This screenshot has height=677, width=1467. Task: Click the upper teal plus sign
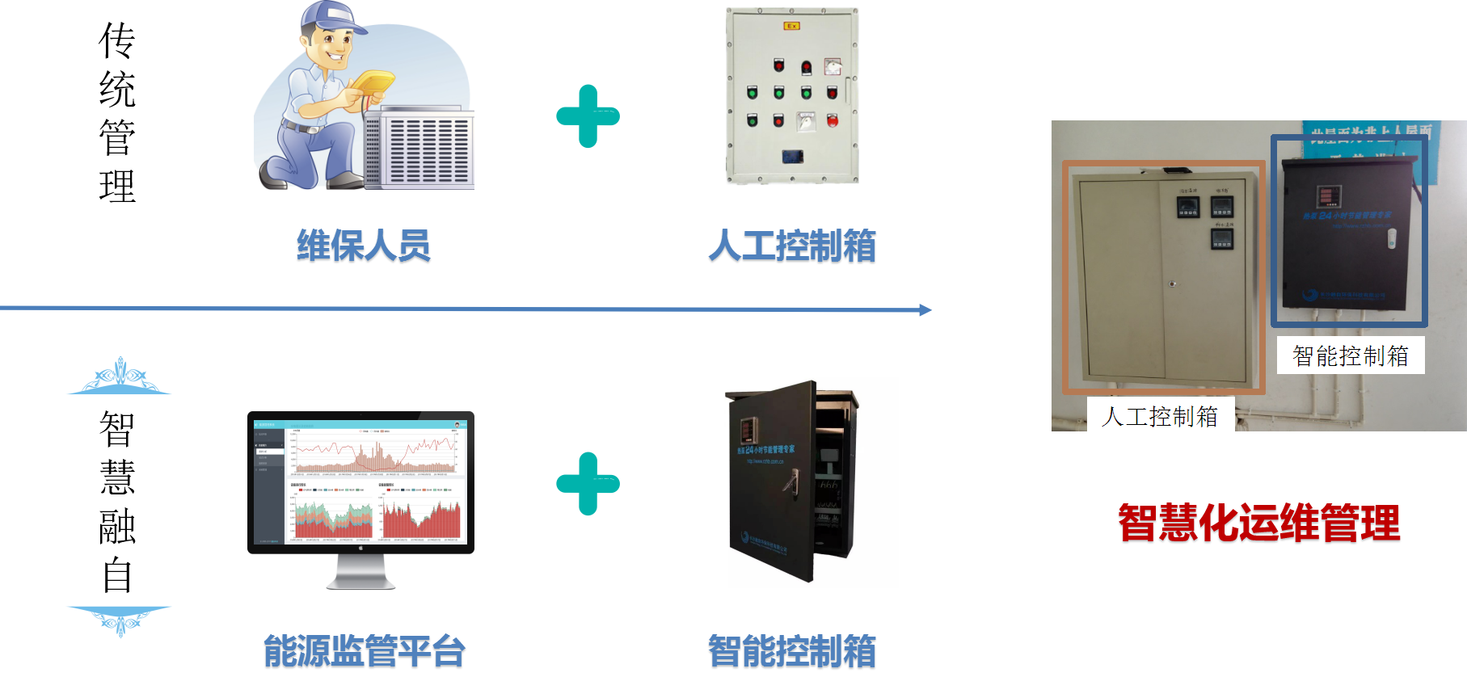(588, 116)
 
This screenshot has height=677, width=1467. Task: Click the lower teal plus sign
(588, 484)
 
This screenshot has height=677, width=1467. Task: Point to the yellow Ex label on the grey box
(791, 26)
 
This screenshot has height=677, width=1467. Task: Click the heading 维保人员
(364, 246)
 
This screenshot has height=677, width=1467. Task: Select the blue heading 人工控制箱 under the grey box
(792, 246)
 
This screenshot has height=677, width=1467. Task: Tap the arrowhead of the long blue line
(926, 309)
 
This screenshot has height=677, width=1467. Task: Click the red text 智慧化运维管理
(1258, 524)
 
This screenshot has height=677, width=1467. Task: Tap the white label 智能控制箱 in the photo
(1350, 355)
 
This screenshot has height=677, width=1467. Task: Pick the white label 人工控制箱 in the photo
(1160, 417)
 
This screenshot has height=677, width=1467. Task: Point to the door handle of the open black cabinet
(790, 482)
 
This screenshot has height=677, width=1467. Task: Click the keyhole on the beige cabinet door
(1171, 284)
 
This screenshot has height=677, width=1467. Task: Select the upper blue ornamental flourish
(120, 378)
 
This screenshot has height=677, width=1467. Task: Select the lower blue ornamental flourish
(120, 619)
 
